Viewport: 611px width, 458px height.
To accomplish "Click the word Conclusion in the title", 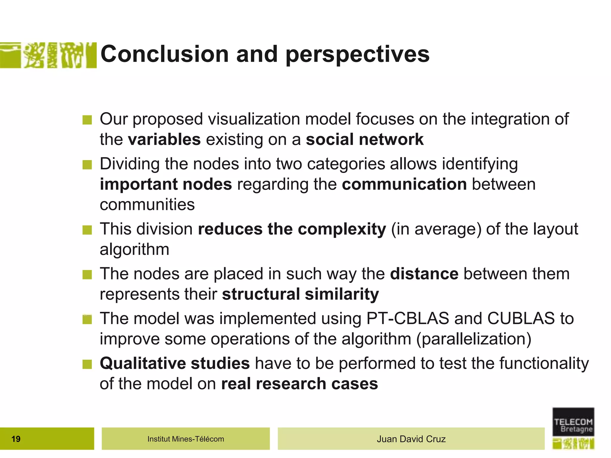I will point(165,54).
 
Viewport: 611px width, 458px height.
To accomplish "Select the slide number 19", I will point(16,439).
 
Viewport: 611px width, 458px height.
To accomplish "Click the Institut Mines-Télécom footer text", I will point(186,439).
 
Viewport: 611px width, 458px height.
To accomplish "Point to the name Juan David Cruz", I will point(411,439).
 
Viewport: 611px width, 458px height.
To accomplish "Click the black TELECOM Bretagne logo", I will point(573,422).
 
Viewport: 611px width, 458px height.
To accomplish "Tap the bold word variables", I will point(164,140).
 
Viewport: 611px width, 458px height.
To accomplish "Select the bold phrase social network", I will point(365,140).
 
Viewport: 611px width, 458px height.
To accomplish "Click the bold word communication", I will point(404,184).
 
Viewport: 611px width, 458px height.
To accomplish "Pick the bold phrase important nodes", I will point(166,184).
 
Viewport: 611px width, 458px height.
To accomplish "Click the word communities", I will point(147,205).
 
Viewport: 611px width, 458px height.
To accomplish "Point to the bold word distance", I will point(424,274).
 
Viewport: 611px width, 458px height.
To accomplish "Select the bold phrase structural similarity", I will point(300,294).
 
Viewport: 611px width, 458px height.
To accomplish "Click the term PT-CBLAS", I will point(408,318).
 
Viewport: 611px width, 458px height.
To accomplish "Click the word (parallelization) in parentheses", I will point(474,339).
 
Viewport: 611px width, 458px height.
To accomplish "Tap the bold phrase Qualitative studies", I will point(175,363).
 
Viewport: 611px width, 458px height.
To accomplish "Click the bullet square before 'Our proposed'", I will point(87,120).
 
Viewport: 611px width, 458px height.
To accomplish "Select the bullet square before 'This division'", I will point(87,230).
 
